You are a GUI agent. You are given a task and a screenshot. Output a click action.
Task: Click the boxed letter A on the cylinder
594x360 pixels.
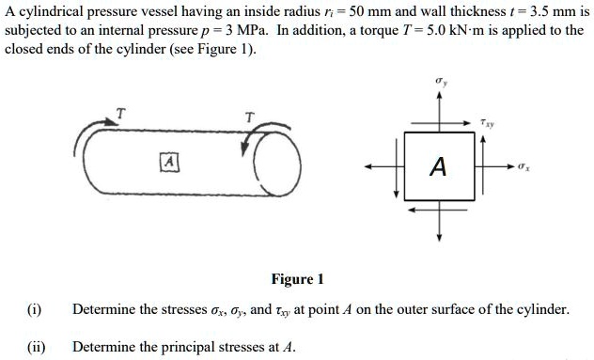click(x=168, y=161)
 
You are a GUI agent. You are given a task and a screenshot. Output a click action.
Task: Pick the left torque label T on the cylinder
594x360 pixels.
click(x=118, y=114)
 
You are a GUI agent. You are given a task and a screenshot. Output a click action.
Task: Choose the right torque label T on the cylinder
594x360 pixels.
click(x=248, y=117)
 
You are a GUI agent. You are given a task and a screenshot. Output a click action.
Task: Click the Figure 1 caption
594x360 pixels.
click(x=297, y=279)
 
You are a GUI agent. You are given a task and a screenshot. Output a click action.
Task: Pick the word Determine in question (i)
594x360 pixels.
click(x=102, y=309)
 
